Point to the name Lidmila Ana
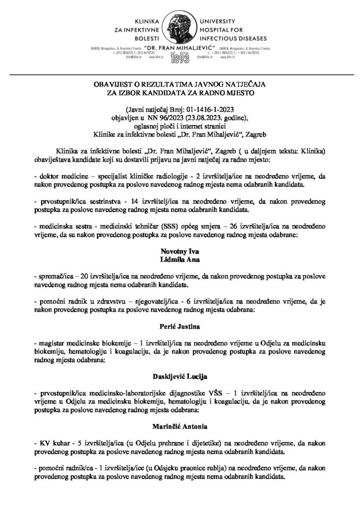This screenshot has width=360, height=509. coord(180,260)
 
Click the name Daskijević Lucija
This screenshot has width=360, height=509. coord(180,375)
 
